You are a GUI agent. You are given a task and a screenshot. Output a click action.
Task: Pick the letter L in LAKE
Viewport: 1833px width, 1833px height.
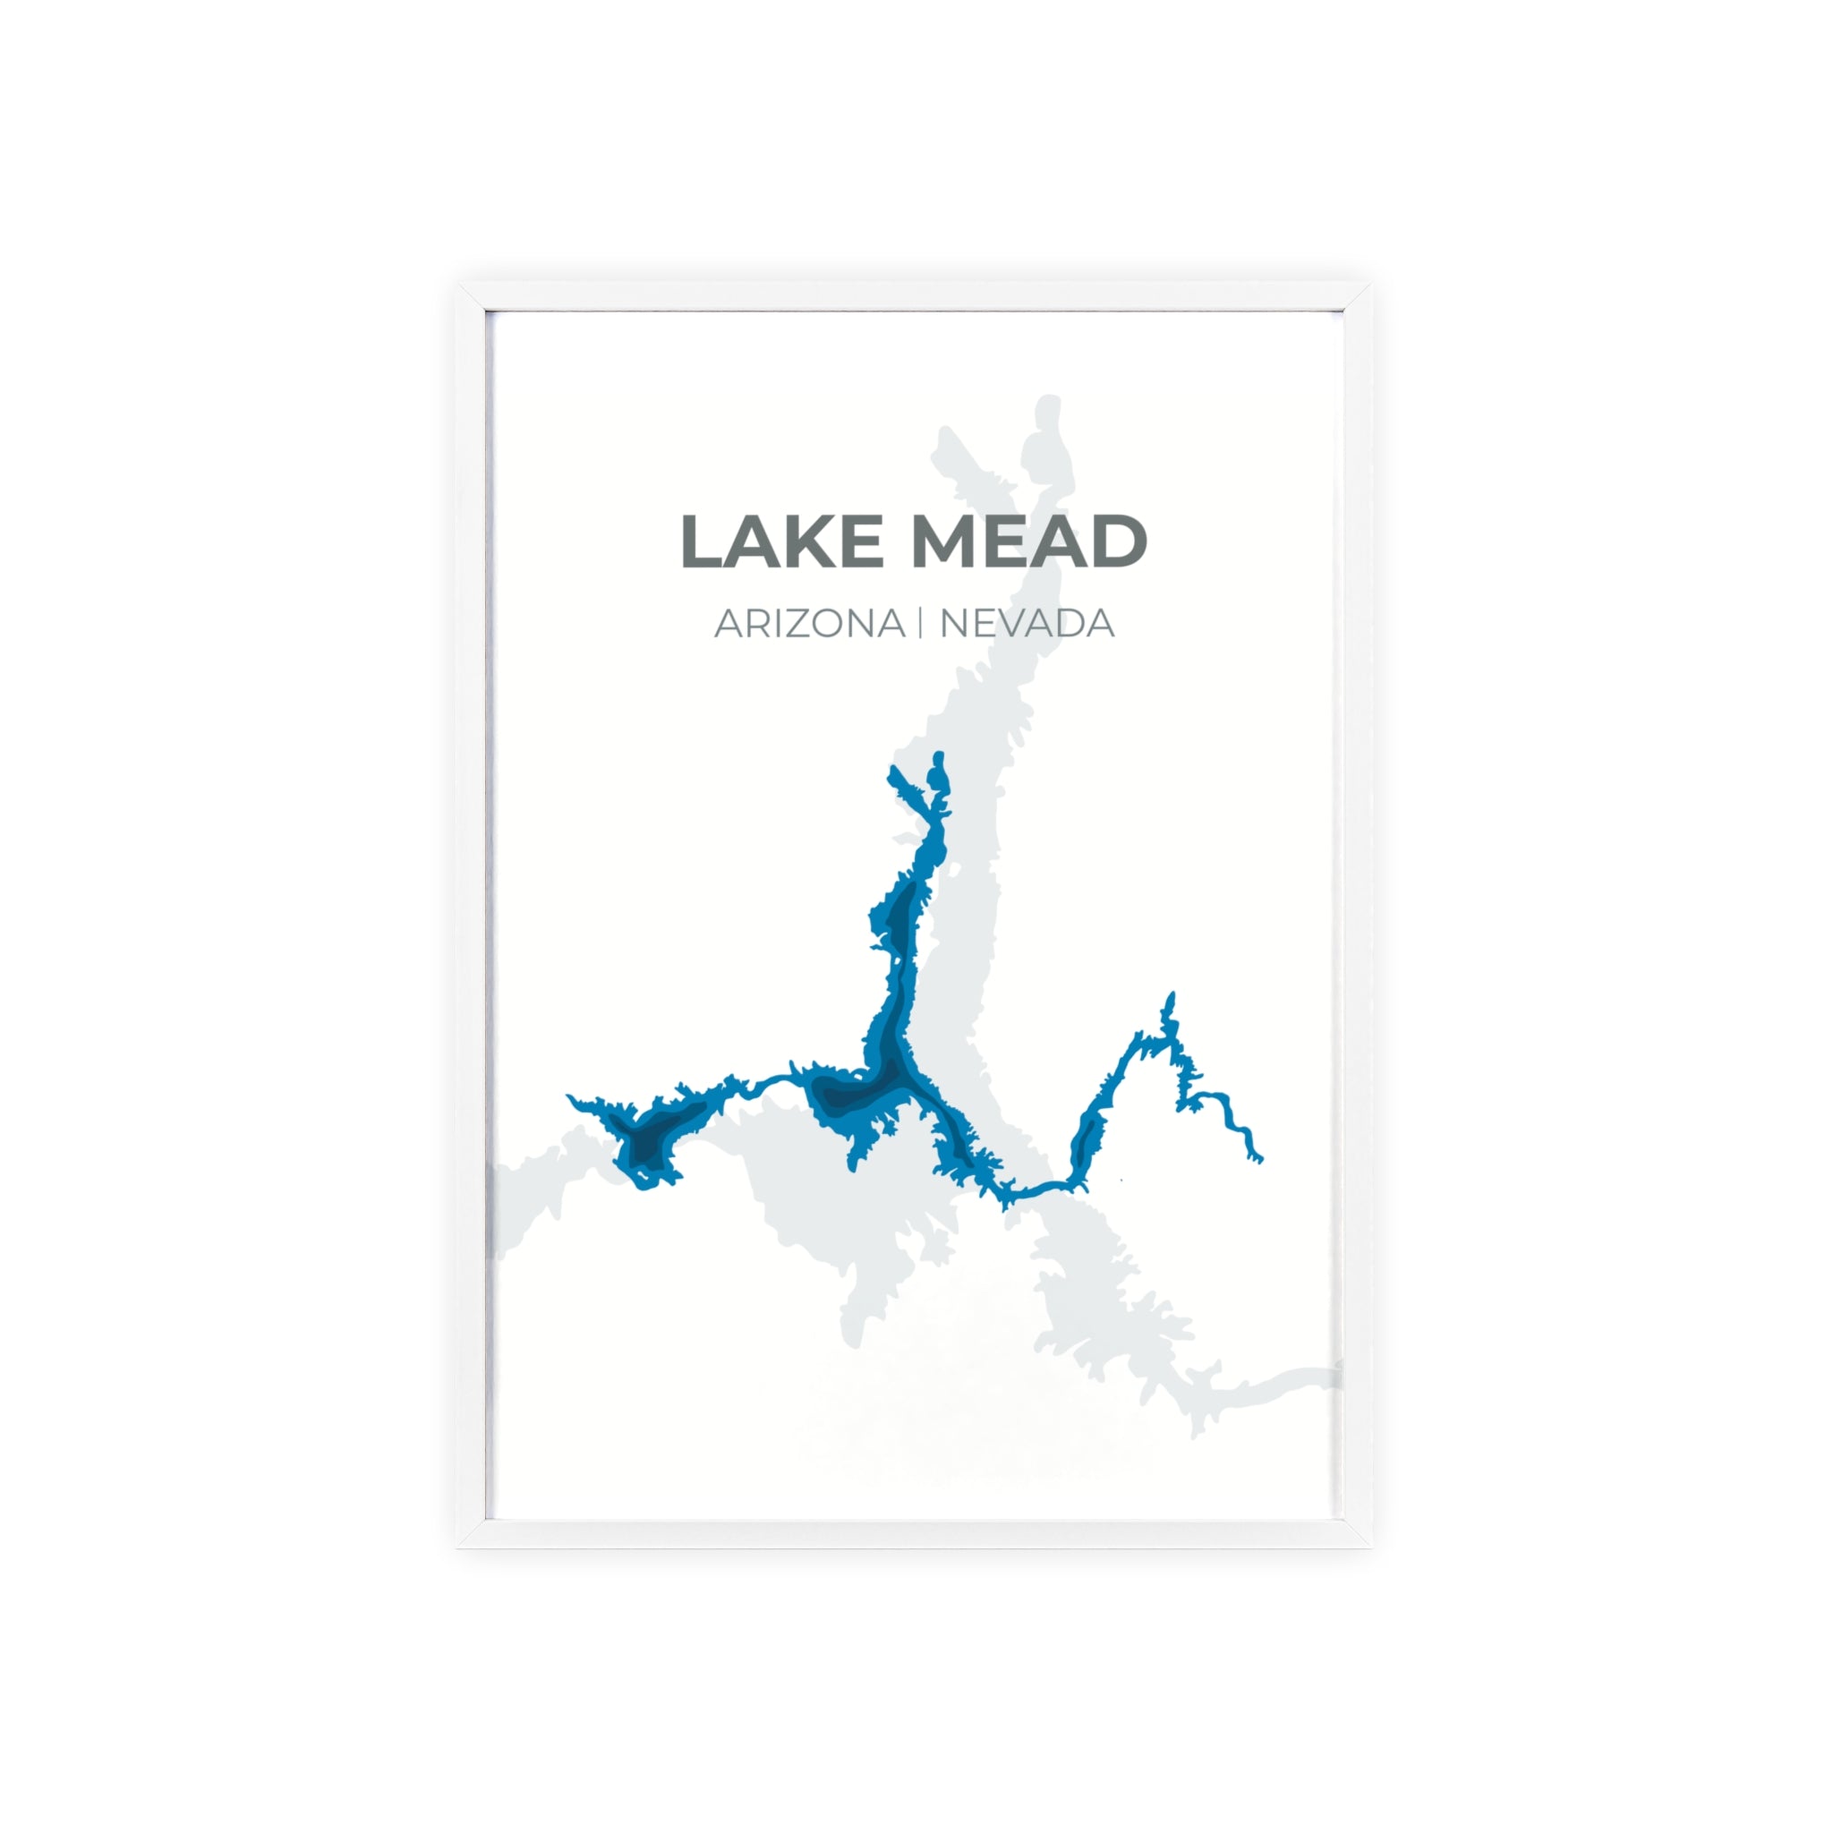click(x=701, y=541)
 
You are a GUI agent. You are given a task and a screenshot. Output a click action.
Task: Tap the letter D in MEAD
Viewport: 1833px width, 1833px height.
click(x=1120, y=541)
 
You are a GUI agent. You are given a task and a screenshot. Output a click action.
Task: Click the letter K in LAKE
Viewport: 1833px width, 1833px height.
click(x=813, y=541)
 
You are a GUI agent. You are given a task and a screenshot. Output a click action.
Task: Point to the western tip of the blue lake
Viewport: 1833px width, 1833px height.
click(x=569, y=1096)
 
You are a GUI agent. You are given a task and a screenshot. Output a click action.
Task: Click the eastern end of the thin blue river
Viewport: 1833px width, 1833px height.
click(x=1261, y=1159)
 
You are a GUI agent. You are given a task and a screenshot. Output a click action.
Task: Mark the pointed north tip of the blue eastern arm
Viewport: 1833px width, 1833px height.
click(x=1172, y=993)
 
